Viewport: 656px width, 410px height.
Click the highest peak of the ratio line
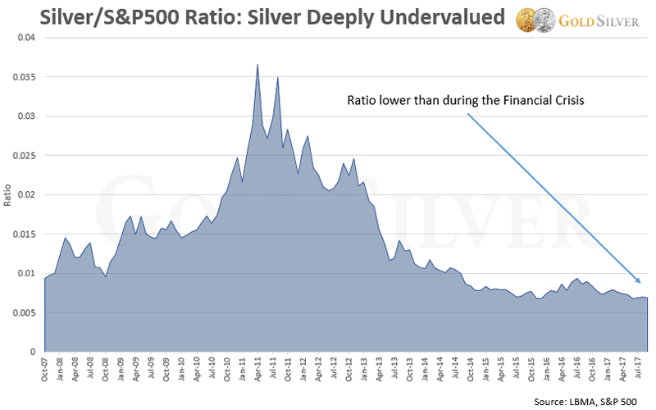point(257,65)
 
